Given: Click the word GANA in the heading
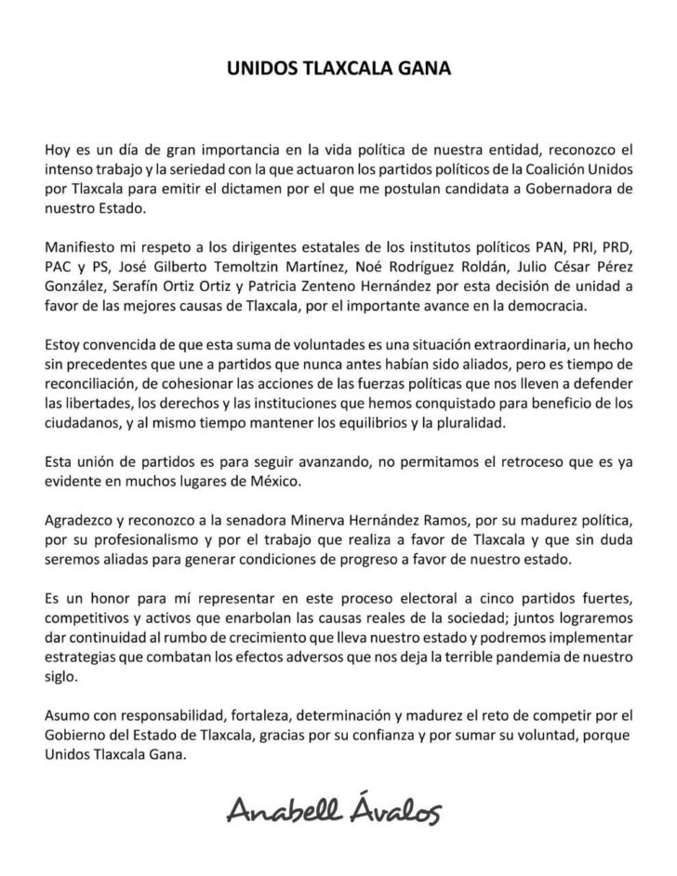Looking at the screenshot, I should (x=418, y=69).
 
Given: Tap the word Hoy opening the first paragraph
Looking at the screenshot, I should (x=58, y=149).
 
